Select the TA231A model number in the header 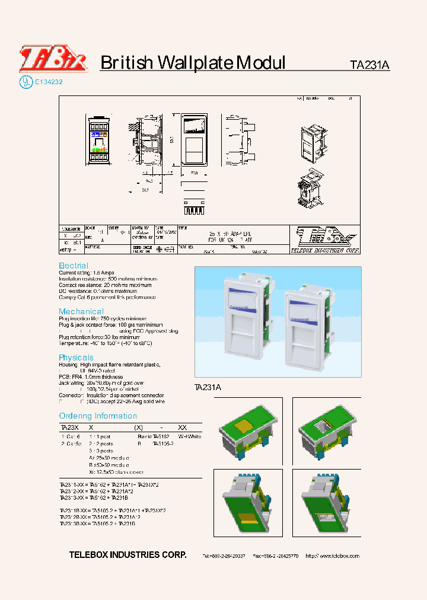click(x=369, y=66)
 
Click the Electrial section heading click(x=74, y=266)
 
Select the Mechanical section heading click(x=81, y=311)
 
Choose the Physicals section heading click(x=76, y=358)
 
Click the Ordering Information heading click(x=98, y=416)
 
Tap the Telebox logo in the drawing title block click(x=325, y=240)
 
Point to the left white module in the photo click(x=244, y=321)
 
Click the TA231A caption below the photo click(x=208, y=387)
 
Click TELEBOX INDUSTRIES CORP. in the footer click(x=128, y=555)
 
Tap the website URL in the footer click(x=340, y=556)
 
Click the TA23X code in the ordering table click(x=69, y=427)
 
